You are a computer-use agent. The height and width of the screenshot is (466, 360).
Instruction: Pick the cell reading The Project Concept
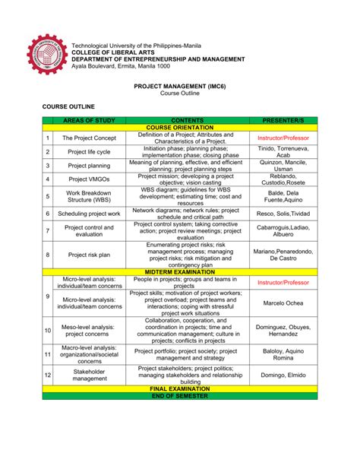[x=89, y=138]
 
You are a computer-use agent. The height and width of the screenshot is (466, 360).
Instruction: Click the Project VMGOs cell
[x=89, y=179]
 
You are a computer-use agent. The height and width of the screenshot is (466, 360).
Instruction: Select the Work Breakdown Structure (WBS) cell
[x=89, y=197]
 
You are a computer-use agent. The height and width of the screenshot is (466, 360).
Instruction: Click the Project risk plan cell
[x=89, y=255]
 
